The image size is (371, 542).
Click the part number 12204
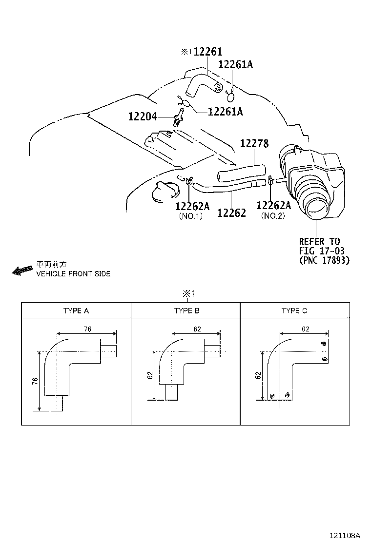143,117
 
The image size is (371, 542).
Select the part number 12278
254,144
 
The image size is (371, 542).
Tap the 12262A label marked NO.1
192,206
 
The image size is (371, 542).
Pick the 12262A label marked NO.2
273,206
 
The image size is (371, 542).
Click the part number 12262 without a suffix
231,213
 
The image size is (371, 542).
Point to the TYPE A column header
76,310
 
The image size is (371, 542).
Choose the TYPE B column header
186,310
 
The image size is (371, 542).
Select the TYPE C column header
294,310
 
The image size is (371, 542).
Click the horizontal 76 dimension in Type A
87,329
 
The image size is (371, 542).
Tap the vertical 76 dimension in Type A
35,381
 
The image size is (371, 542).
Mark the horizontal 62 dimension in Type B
197,329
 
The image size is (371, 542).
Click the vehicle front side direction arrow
21,271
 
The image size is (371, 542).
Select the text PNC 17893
324,260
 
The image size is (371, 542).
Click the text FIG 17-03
322,251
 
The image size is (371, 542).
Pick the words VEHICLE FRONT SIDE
73,274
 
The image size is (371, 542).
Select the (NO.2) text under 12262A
273,216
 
